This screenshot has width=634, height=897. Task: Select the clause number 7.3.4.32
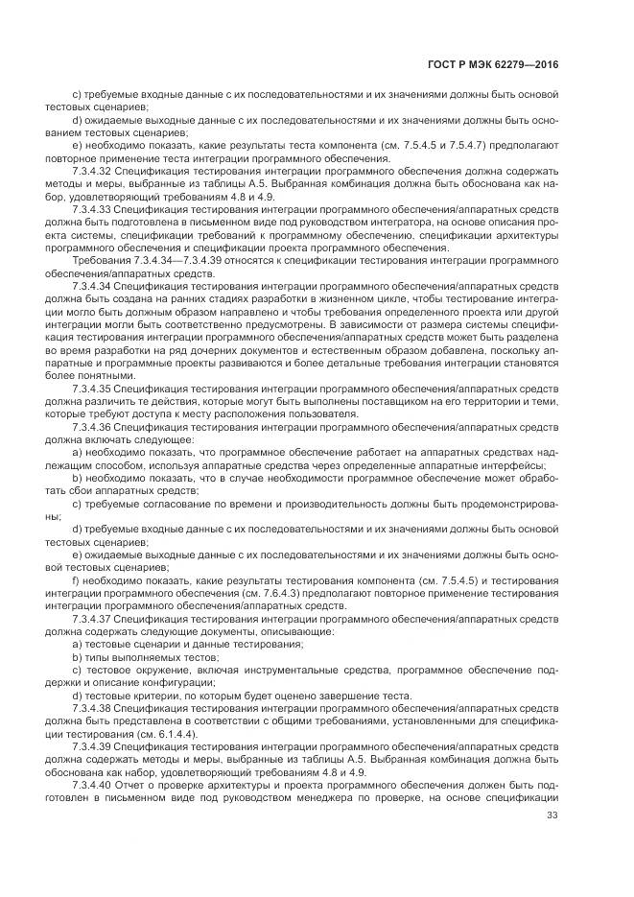(x=92, y=167)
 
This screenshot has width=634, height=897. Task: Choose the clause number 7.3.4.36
(x=92, y=426)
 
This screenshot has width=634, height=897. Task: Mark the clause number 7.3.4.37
(x=92, y=620)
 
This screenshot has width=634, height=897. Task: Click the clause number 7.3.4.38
(x=92, y=708)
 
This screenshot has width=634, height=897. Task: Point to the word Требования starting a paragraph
(x=100, y=261)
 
